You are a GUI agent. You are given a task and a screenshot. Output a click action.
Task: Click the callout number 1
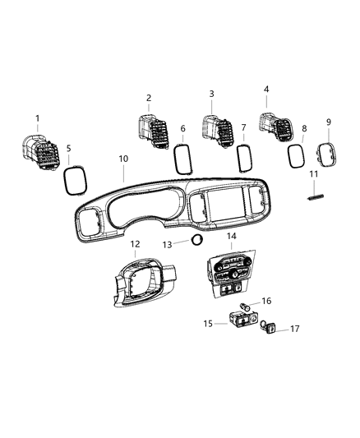point(37,118)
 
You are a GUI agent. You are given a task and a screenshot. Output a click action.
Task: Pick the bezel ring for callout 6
point(182,154)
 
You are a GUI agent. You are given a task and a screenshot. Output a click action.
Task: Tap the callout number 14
point(231,237)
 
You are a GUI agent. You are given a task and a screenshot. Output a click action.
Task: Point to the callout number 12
point(136,243)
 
